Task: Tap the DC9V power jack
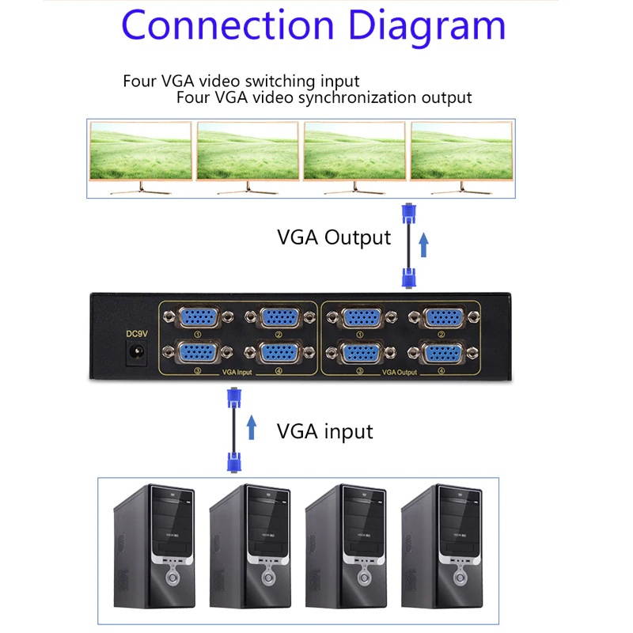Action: tap(135, 353)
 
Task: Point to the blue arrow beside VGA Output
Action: tap(423, 244)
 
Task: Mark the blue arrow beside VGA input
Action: tap(252, 428)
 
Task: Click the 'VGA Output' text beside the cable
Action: tap(333, 237)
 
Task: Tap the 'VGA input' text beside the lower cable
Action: tap(324, 431)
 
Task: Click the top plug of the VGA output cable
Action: tap(408, 216)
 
